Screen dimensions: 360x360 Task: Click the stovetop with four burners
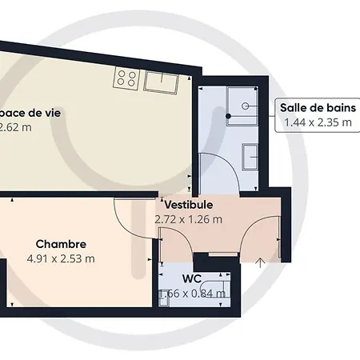126,78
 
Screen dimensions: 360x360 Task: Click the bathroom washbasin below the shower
250,156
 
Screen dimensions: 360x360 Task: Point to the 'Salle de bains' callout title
311,108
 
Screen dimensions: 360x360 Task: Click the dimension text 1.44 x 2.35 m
311,123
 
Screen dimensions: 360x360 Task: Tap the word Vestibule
188,205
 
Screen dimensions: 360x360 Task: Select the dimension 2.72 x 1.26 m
189,218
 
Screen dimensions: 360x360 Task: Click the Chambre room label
61,243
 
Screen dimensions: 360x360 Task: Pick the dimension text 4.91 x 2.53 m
61,258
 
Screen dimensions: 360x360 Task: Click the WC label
191,278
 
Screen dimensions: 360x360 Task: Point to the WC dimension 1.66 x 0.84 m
192,294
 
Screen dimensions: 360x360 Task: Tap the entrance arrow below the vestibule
261,262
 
